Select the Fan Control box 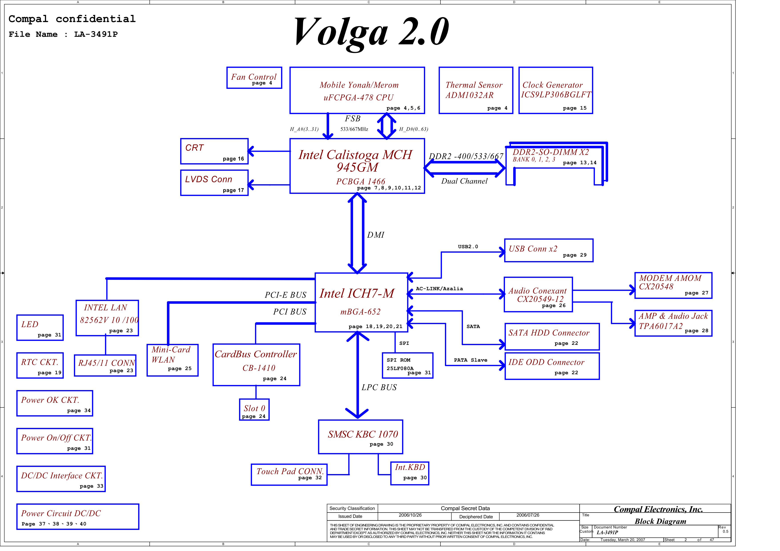(254, 78)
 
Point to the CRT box (214, 151)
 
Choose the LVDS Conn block (214, 183)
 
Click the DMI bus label (375, 235)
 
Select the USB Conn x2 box (549, 250)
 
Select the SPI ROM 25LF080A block (407, 365)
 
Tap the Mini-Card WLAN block (172, 360)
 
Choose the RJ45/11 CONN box (105, 365)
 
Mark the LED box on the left (40, 327)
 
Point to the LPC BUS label (379, 387)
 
